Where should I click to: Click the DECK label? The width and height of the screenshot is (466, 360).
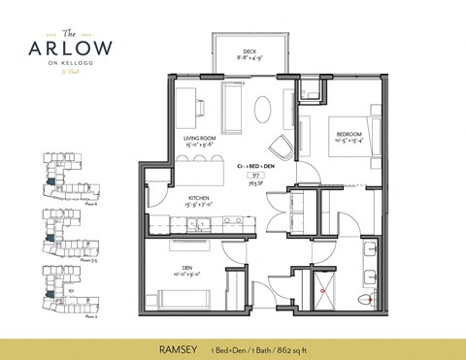[x=250, y=53]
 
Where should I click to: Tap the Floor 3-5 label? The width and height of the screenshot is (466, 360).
[x=88, y=260]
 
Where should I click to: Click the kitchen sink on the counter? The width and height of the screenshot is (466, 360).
[x=201, y=225]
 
